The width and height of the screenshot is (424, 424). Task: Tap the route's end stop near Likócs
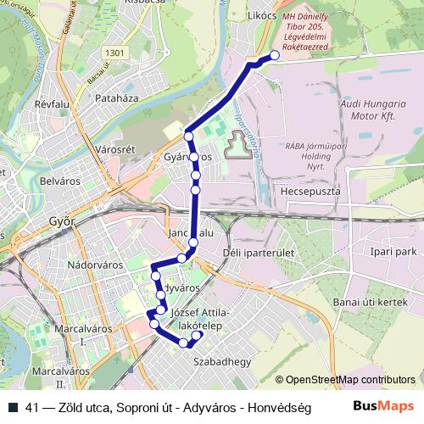[274, 57]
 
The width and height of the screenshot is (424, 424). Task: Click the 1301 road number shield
[115, 53]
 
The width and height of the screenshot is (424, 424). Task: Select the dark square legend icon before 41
[14, 408]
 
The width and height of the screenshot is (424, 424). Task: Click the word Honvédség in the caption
[279, 408]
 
